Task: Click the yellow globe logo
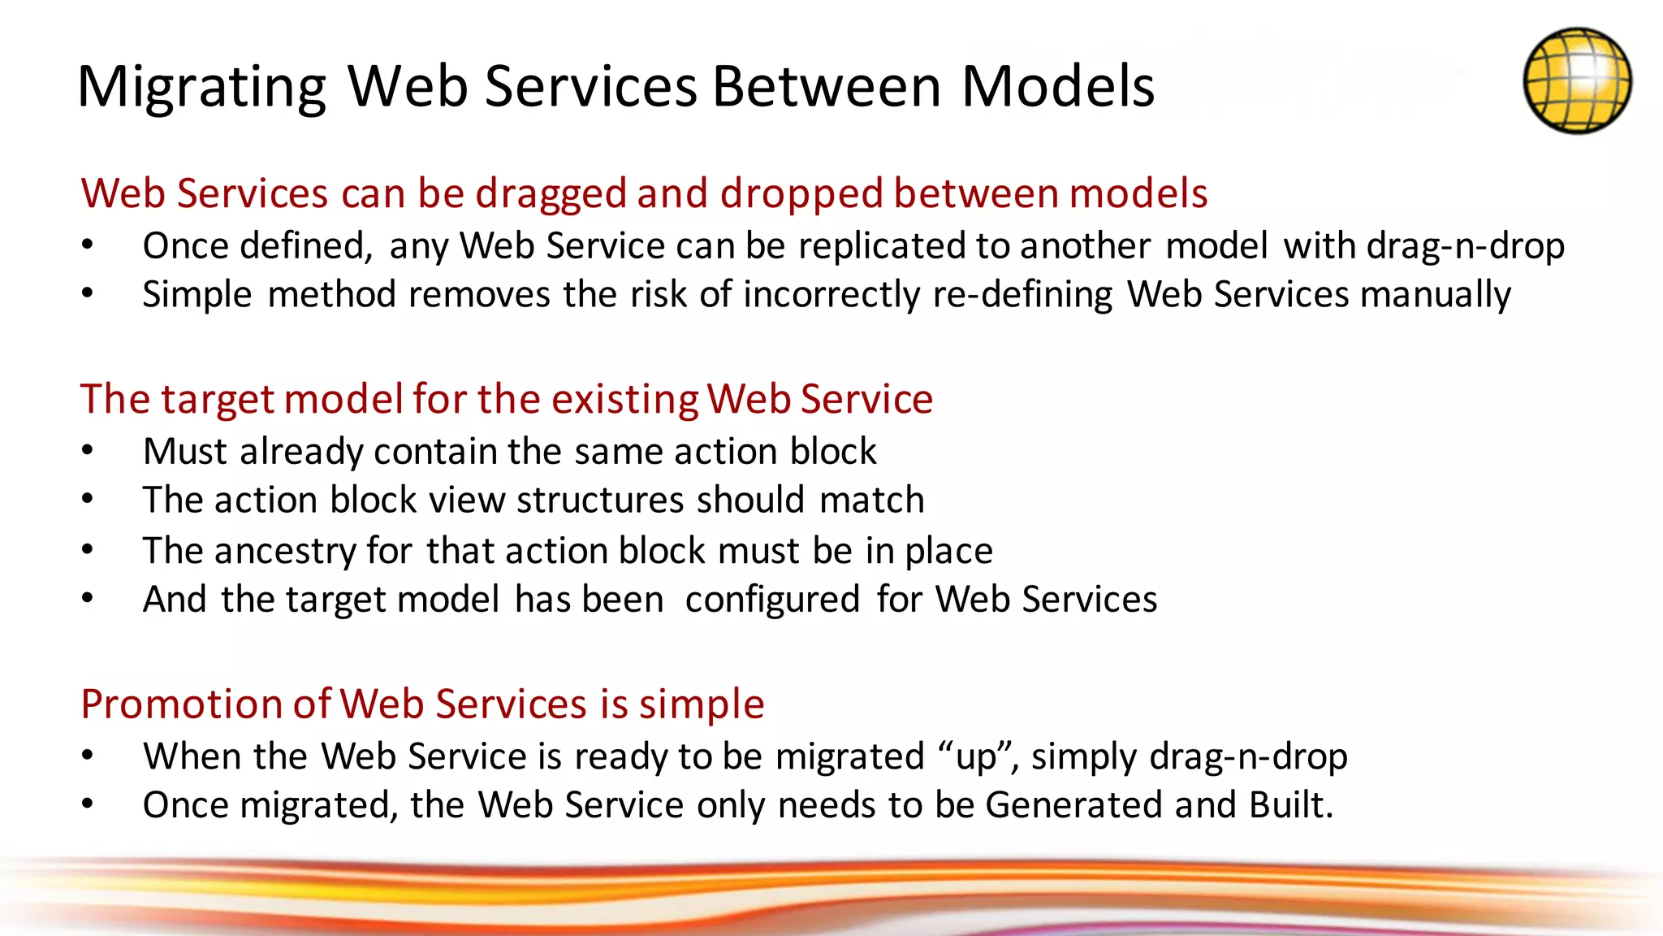point(1577,80)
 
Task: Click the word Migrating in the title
point(201,88)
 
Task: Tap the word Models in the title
point(1057,86)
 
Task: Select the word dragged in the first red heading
point(550,195)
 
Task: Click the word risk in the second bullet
point(659,294)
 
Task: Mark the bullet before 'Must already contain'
point(88,450)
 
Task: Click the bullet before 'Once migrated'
point(88,804)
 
